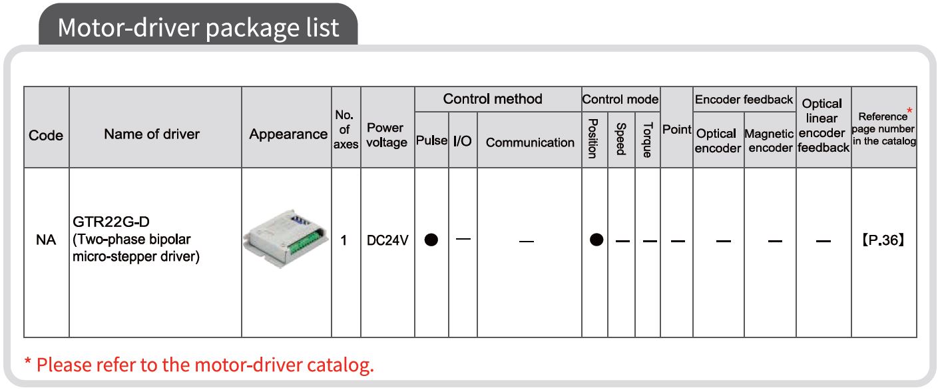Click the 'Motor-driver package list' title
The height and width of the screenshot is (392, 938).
(x=198, y=28)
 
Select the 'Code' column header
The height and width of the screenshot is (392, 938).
(x=46, y=135)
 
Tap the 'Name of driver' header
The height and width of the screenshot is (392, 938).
(x=152, y=134)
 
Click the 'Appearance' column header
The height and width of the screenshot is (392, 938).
(x=288, y=134)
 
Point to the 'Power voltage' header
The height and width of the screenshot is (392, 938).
(x=387, y=135)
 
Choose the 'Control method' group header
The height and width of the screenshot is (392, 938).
(x=493, y=99)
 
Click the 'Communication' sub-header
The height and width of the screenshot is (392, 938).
(x=530, y=142)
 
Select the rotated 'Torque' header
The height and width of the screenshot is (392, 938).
(x=648, y=140)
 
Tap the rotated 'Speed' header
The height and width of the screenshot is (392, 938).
(x=621, y=138)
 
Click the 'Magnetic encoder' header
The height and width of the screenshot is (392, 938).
(x=770, y=140)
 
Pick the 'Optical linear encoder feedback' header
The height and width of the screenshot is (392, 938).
(x=823, y=125)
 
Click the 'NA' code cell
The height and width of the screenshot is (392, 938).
(x=46, y=240)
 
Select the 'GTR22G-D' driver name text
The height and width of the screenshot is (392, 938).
(x=111, y=222)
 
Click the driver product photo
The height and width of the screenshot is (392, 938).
(x=286, y=238)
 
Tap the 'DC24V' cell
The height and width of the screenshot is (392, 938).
(x=387, y=240)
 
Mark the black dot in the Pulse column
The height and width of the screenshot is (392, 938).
(x=431, y=240)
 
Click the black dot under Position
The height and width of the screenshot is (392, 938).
(x=596, y=240)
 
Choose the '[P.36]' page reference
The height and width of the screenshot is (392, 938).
(x=883, y=240)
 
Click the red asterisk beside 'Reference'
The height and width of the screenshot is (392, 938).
(x=909, y=111)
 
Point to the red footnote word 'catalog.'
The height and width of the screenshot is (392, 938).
(x=340, y=365)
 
